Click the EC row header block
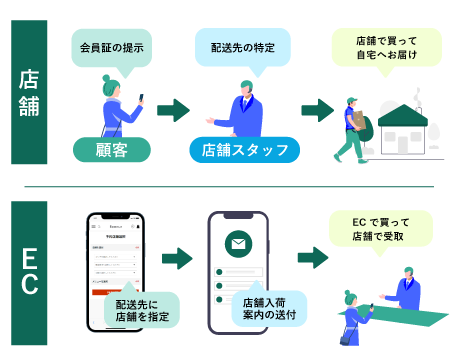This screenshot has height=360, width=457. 29,270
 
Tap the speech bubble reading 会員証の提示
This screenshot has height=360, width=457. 110,47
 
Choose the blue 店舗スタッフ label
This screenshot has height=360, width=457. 244,150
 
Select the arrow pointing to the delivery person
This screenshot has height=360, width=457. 317,110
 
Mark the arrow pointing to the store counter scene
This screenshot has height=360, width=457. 316,260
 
